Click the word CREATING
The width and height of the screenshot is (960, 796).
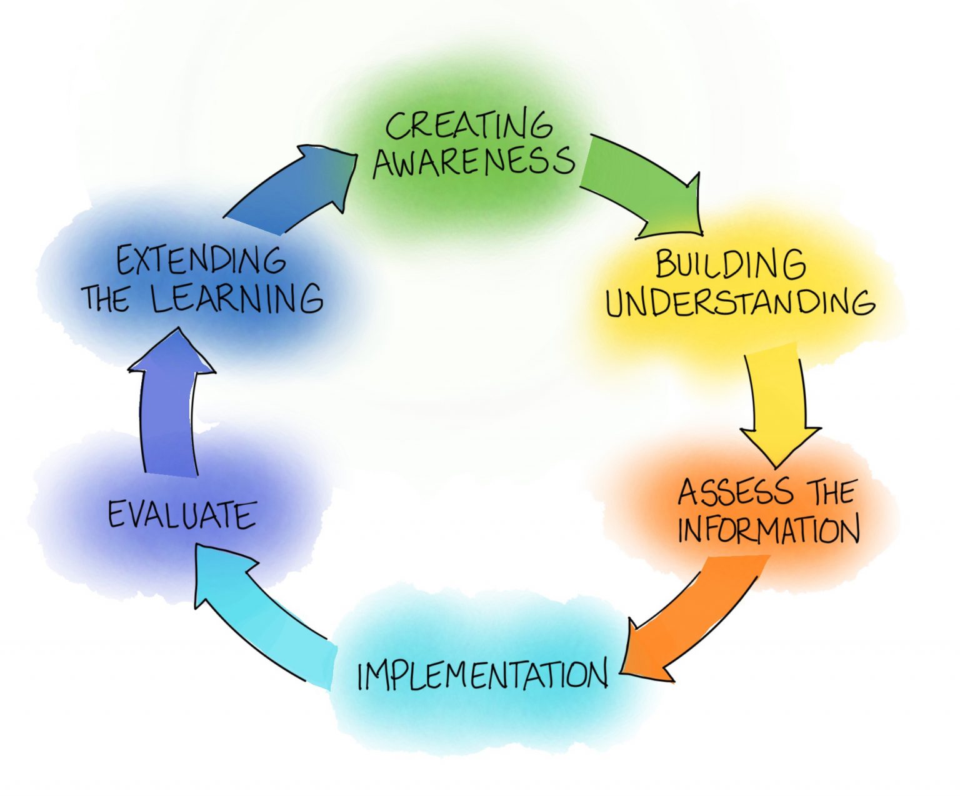tap(469, 126)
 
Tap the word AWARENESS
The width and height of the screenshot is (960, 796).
tap(473, 161)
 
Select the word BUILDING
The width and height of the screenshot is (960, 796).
tap(730, 265)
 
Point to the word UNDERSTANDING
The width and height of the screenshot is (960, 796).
tap(740, 303)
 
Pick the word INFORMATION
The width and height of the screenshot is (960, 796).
tap(769, 530)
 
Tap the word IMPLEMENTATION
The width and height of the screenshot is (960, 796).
tap(482, 674)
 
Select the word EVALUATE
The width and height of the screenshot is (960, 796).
tap(182, 515)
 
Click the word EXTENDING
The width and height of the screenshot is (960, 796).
tap(201, 261)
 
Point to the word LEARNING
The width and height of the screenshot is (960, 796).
tap(237, 298)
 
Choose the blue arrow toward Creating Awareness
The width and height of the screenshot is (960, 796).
tap(294, 187)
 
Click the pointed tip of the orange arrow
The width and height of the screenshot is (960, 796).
tap(622, 672)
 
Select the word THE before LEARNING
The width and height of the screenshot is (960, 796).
tap(106, 299)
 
